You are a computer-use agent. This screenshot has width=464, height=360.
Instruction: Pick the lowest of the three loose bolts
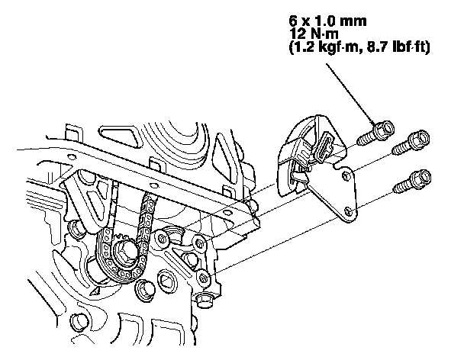click(410, 181)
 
